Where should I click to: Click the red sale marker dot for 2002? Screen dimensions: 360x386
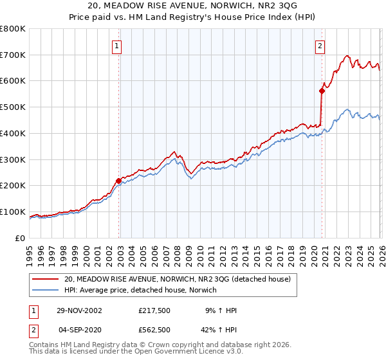point(119,181)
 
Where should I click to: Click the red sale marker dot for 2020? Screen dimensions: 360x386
point(322,91)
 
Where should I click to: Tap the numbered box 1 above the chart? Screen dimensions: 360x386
point(116,46)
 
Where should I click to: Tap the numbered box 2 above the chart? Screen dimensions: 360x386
point(320,46)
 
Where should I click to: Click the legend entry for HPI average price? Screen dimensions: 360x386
point(140,291)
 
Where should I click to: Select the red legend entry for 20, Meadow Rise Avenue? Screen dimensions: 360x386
point(178,280)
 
